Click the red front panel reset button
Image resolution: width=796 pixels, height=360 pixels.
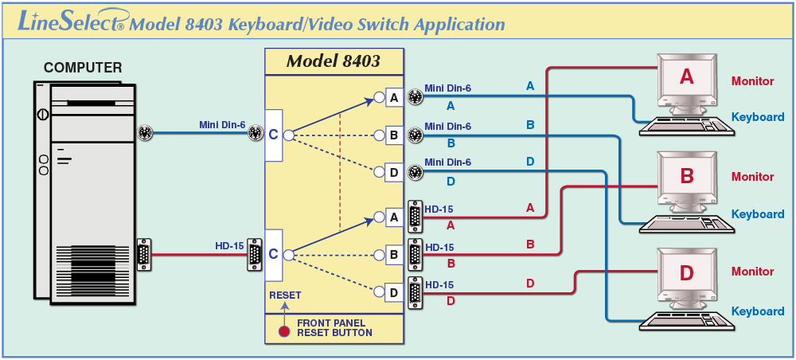coord(284,331)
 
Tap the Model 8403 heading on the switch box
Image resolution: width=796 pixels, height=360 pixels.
coord(333,61)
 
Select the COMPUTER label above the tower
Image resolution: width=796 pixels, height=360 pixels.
coord(83,68)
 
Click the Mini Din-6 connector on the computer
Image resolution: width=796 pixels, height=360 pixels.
coord(145,133)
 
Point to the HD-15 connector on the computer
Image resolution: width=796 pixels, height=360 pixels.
coord(143,254)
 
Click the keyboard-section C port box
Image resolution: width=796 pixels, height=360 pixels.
coord(273,135)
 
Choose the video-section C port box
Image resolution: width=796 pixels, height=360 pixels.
coord(273,255)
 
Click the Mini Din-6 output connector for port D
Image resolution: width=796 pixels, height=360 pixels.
coord(416,171)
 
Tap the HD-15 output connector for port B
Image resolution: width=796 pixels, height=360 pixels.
coord(416,254)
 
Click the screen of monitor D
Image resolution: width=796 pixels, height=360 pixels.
coord(686,272)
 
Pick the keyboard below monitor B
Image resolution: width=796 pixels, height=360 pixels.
coord(687,224)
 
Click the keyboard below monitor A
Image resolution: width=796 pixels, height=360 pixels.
coord(687,126)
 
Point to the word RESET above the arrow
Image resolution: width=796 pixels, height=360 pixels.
coord(285,295)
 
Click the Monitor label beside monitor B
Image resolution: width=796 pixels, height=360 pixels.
coord(752,177)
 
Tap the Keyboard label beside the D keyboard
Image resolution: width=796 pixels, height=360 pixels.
coord(758,311)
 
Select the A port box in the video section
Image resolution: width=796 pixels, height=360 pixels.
coord(394,217)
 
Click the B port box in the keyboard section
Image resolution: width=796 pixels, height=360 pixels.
coord(394,135)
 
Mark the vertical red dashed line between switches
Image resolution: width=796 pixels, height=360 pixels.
coord(340,173)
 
